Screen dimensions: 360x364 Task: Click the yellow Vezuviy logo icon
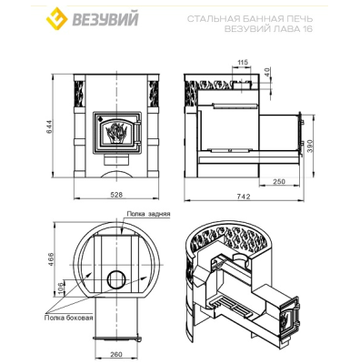(56, 18)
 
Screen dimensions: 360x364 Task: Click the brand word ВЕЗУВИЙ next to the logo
(105, 18)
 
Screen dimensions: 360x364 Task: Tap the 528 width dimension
(116, 195)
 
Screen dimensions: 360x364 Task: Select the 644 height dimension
(49, 126)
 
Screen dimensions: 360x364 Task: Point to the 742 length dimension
(244, 197)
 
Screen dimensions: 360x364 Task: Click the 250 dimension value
(279, 181)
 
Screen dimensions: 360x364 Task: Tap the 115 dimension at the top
(243, 63)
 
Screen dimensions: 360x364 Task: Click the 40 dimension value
(266, 72)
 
